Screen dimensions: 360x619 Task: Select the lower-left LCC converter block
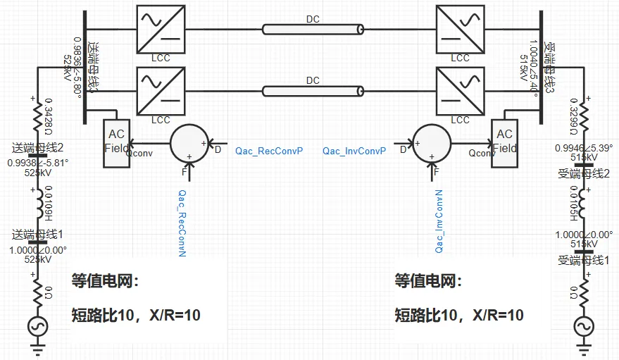pyautogui.click(x=161, y=91)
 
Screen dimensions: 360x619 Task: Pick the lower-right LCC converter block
pyautogui.click(x=460, y=91)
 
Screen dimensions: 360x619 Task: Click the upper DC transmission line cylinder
pyautogui.click(x=313, y=29)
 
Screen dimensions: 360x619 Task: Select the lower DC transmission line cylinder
pyautogui.click(x=313, y=91)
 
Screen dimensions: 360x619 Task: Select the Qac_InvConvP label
pyautogui.click(x=354, y=151)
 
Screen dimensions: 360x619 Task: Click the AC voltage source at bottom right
pyautogui.click(x=583, y=325)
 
